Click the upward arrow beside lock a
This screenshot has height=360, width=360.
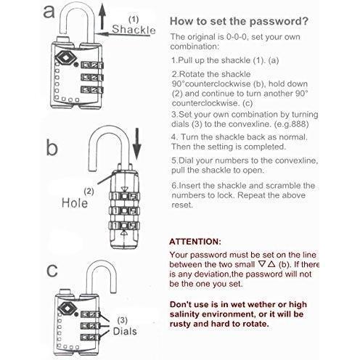click(x=103, y=17)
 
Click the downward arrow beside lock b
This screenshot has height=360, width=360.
click(x=137, y=144)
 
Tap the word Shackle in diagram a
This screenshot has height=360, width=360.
click(x=134, y=30)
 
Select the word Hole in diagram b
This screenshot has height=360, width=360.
click(x=75, y=202)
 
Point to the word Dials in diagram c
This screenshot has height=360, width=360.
click(x=125, y=331)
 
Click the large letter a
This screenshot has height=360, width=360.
click(x=49, y=12)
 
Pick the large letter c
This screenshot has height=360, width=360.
click(x=52, y=270)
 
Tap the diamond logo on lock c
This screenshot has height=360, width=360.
click(x=67, y=308)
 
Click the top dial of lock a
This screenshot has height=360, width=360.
click(x=92, y=65)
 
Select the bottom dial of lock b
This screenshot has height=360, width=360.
click(x=124, y=226)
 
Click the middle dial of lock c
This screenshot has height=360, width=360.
click(x=90, y=326)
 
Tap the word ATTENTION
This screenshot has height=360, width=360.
click(x=195, y=242)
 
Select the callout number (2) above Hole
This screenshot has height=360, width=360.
click(x=89, y=192)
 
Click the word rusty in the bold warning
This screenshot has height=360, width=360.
click(x=180, y=324)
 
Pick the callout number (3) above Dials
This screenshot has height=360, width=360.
click(x=122, y=320)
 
